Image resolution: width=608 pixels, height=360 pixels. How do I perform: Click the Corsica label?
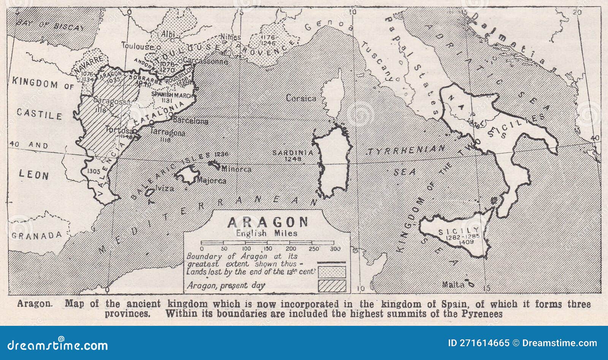301,98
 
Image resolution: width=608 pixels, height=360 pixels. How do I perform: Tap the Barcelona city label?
190,121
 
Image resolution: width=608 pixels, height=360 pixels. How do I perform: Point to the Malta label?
453,285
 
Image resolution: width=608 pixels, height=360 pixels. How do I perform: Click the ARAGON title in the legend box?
268,222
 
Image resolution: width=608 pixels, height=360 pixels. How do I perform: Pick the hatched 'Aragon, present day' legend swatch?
332,286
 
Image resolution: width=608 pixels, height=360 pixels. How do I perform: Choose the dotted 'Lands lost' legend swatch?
332,272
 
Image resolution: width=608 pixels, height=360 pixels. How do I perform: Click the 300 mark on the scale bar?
335,249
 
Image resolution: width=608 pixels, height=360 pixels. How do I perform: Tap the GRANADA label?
36,235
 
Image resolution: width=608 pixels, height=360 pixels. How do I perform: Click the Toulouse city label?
137,46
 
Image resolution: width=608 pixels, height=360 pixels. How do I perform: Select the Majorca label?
212,181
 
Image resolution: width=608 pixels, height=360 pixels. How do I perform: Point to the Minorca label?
236,169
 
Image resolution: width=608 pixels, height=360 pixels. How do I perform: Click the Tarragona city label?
168,133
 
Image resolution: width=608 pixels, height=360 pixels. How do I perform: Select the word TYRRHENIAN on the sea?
405,150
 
